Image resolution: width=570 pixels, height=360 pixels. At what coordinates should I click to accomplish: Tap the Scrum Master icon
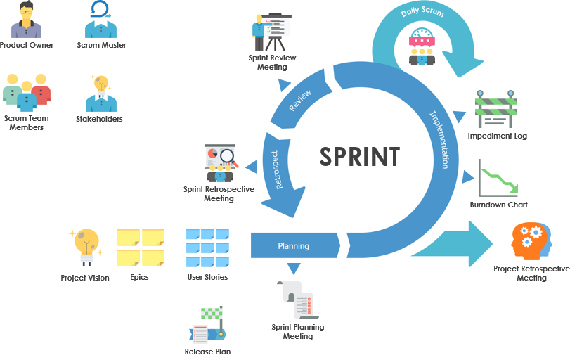point(101,20)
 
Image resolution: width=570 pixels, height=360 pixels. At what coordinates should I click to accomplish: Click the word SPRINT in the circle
point(360,156)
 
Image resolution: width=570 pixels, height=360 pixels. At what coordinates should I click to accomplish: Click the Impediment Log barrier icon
point(496,109)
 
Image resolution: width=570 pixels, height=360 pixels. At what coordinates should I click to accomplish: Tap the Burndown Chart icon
point(498,179)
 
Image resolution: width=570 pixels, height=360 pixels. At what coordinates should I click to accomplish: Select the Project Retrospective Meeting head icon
point(531,242)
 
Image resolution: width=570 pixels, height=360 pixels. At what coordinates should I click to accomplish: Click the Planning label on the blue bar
point(293,246)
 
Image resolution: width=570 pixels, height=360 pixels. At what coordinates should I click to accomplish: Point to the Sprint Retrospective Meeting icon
point(220,163)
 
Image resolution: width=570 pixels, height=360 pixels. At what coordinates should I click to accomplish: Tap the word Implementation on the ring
point(439,139)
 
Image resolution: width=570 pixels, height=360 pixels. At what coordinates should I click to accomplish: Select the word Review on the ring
point(300,101)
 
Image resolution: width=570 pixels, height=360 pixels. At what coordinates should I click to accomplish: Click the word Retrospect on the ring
point(277,169)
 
